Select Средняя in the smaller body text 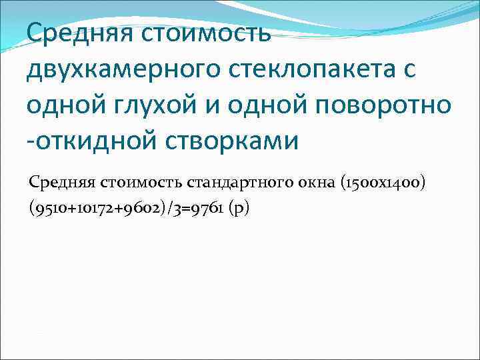tap(61, 182)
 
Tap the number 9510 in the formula tap(47, 209)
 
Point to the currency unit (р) tap(238, 209)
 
